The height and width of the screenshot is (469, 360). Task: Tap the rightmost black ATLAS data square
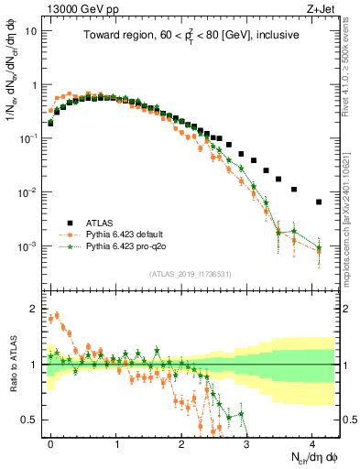tap(319, 202)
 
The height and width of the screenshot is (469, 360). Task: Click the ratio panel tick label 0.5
tap(31, 420)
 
